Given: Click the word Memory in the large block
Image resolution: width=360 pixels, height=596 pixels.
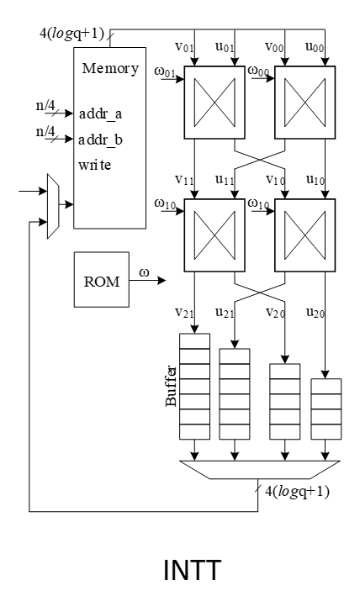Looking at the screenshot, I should click(109, 67).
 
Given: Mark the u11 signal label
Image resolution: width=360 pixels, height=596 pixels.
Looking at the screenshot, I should click(225, 180).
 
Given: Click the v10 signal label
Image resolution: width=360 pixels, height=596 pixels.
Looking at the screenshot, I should click(277, 180).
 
